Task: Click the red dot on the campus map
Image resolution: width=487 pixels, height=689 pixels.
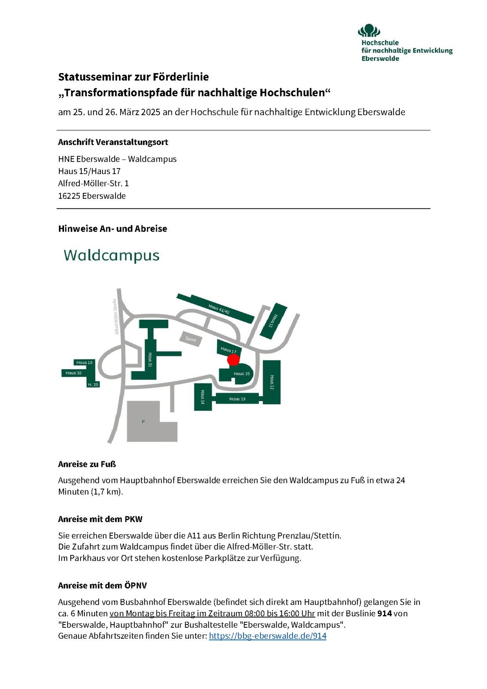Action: point(233,359)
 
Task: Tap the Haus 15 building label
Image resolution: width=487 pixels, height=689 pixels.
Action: point(241,373)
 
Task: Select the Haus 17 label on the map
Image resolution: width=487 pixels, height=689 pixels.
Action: point(228,349)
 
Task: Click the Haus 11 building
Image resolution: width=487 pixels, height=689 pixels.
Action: point(273,321)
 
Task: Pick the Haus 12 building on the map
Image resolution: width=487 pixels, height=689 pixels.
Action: point(272,382)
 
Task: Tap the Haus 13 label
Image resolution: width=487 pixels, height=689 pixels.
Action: point(237,399)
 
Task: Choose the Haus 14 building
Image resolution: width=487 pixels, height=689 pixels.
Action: point(203,397)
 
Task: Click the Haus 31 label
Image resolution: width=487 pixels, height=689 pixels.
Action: point(150,360)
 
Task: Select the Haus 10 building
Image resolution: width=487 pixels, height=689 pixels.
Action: point(85,362)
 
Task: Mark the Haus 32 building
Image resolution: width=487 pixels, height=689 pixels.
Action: point(74,373)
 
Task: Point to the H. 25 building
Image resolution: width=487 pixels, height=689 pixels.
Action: point(93,384)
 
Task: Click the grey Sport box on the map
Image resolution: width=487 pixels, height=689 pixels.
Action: point(191,339)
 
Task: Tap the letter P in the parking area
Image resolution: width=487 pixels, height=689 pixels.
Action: point(143,422)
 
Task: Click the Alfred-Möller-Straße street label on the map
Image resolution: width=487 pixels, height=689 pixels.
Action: point(116,317)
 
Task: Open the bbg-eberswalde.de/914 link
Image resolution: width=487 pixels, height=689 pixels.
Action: point(267,636)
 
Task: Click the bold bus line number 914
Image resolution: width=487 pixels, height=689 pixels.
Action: point(384,613)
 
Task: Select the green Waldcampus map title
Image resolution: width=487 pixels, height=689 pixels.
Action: point(112,255)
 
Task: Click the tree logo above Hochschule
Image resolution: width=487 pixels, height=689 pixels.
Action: point(369,30)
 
